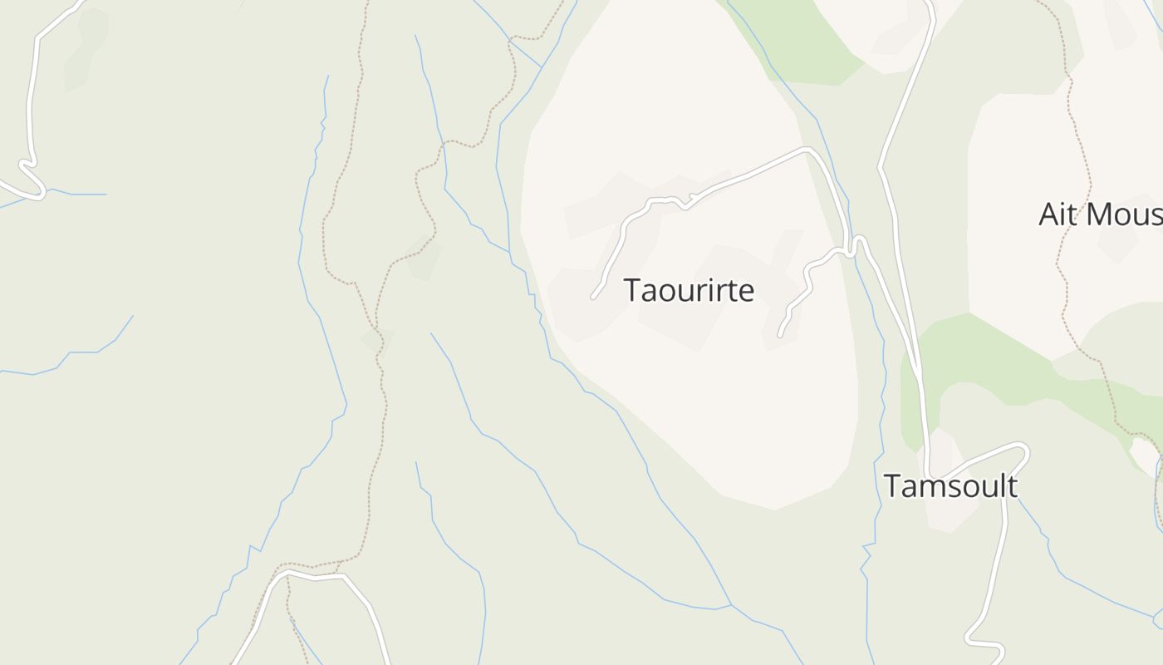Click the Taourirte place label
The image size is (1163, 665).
coord(689,290)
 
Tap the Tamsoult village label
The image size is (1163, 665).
coord(950,486)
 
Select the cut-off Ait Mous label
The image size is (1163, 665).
coord(1100,214)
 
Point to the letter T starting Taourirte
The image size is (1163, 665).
coord(632,290)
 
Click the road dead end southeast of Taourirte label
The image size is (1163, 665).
coord(780,336)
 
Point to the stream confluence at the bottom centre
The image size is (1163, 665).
coord(731,604)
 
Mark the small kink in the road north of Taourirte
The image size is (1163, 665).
coord(685,204)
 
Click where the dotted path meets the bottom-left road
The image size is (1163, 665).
coord(339,573)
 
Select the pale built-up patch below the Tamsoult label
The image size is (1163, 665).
coord(951,515)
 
